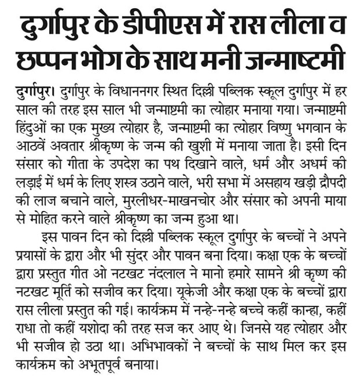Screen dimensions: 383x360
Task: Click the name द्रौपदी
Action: point(328,180)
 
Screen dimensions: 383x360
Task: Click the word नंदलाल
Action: point(179,267)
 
